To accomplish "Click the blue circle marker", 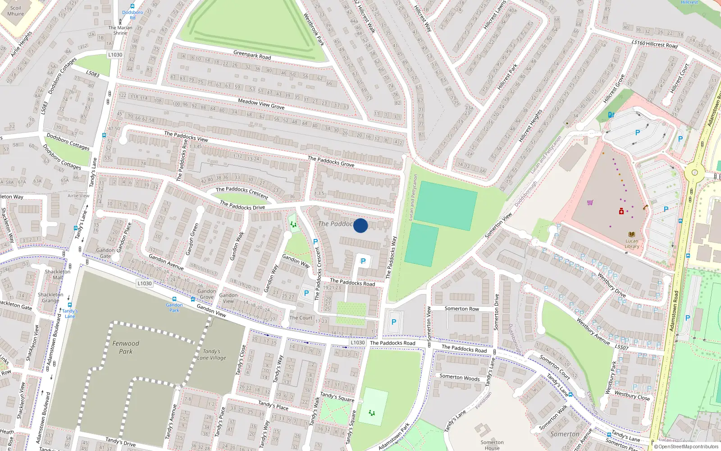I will [360, 225].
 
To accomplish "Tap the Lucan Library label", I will [632, 244].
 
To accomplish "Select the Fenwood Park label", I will [126, 347].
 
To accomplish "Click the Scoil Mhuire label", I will [15, 11].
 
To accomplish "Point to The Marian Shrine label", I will [120, 30].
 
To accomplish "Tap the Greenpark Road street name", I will [252, 55].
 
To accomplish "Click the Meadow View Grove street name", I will [261, 104].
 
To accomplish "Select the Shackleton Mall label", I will [57, 274].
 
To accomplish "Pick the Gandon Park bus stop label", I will [174, 308].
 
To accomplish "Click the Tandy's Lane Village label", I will [211, 354].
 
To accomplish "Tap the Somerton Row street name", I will [461, 309].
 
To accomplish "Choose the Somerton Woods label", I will [459, 377].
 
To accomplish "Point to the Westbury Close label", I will [632, 396].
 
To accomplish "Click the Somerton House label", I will [492, 445].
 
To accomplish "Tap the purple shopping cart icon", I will [590, 202].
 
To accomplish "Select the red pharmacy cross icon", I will [621, 211].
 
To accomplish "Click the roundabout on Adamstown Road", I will [694, 172].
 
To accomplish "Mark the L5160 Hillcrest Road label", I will [654, 44].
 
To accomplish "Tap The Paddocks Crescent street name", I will [242, 193].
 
